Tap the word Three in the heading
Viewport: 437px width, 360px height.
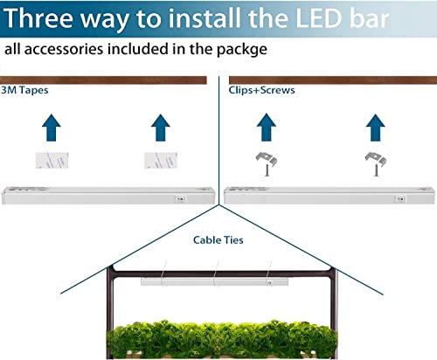click(38, 18)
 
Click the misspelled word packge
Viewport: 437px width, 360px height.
click(242, 50)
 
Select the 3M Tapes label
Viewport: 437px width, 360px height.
click(24, 90)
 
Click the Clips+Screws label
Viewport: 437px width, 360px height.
click(261, 90)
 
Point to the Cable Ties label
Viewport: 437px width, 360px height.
click(218, 240)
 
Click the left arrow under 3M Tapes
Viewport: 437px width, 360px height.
click(52, 128)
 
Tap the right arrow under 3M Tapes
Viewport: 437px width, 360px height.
click(161, 128)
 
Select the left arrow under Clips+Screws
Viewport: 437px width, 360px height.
click(267, 128)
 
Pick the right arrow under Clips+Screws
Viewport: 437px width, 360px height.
click(376, 128)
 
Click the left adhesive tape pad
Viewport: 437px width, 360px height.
click(52, 160)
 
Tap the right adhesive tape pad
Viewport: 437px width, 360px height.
click(161, 160)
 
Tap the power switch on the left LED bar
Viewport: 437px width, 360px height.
click(180, 199)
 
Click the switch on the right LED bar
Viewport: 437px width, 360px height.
click(400, 199)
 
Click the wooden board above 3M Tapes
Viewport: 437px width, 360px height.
click(103, 80)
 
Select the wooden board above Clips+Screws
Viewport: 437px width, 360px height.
click(333, 80)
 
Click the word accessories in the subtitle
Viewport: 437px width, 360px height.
click(64, 49)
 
